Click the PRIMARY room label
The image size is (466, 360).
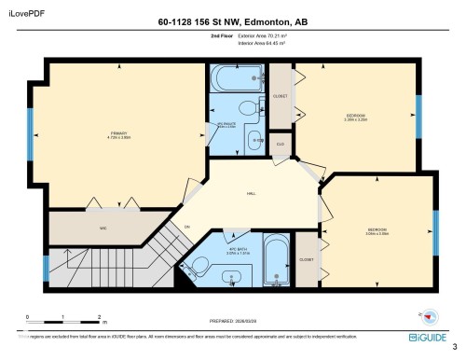(117, 133)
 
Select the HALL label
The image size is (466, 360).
(251, 193)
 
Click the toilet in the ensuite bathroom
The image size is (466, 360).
(257, 141)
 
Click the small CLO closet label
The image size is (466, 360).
(280, 144)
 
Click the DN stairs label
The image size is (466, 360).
(186, 227)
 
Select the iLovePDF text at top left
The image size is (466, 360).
(25, 12)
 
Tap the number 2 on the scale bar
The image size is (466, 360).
(99, 317)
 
